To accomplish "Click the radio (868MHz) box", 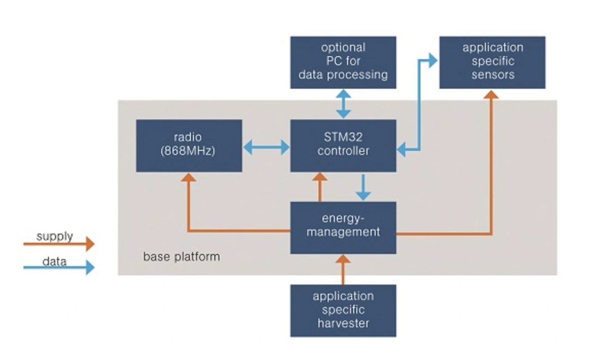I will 189,146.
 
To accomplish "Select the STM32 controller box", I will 343,146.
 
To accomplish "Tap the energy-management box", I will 343,228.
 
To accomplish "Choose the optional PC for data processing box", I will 343,62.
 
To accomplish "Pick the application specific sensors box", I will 492,62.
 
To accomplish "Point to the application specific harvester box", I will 343,310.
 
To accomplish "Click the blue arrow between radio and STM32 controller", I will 266,148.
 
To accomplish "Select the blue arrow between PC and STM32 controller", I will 343,104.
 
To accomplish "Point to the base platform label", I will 181,257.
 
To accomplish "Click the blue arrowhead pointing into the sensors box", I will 432,60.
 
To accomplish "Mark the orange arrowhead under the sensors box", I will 492,94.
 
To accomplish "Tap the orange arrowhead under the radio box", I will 188,177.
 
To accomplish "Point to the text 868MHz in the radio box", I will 189,151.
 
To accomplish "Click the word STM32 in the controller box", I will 343,138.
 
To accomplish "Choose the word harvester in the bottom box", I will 343,323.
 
